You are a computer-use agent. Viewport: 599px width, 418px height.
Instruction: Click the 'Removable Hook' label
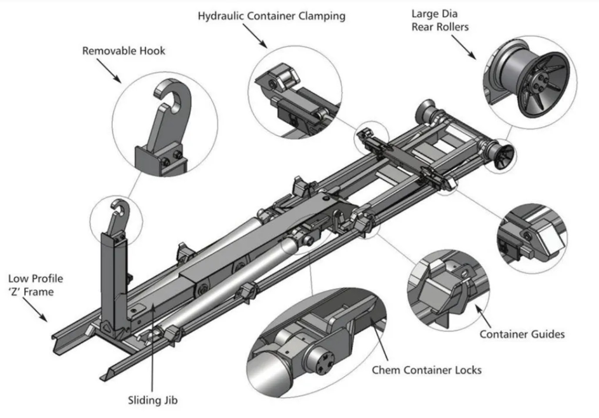click(124, 51)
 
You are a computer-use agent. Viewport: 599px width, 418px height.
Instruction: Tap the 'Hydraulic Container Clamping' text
click(271, 17)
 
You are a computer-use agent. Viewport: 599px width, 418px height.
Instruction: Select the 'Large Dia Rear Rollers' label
click(440, 20)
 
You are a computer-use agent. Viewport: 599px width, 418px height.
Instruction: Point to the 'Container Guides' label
click(522, 334)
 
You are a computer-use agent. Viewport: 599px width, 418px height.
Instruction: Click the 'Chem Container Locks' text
click(426, 370)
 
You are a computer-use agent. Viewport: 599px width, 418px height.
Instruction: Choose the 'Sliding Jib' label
click(153, 400)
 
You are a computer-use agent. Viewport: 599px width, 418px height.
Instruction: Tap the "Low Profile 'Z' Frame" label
click(36, 285)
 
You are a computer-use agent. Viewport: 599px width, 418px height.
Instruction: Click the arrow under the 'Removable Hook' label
click(108, 70)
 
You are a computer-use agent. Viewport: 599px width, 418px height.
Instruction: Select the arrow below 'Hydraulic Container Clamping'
click(254, 35)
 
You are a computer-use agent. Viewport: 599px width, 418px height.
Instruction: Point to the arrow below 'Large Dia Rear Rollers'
click(463, 47)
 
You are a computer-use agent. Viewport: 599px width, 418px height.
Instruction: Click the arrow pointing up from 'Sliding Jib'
click(152, 348)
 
